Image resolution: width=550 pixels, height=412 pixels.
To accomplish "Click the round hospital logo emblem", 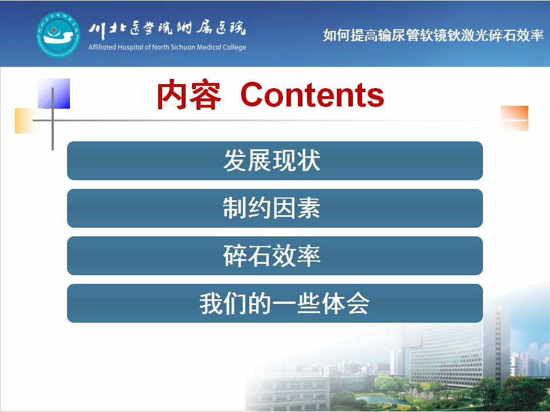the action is point(58,35).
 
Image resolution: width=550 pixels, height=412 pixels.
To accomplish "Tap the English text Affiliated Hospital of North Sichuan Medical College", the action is point(167,47).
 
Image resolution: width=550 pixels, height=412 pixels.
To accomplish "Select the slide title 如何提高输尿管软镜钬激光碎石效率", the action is point(433,35).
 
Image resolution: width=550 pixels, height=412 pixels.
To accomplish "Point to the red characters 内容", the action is point(188,94).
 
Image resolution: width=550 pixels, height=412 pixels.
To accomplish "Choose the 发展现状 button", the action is point(274,161).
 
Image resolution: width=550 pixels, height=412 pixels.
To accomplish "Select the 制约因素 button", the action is point(274,208).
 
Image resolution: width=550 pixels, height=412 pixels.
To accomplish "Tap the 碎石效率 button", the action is point(274,256).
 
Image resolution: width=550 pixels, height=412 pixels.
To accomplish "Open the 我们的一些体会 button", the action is point(274,303).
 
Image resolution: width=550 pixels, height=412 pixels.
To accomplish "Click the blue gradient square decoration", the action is point(54,93).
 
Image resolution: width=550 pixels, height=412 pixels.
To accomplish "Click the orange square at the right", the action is point(514,118).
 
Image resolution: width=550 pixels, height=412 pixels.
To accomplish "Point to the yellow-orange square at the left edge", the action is point(26,121).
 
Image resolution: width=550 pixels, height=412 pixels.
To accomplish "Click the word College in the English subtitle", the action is point(234,47).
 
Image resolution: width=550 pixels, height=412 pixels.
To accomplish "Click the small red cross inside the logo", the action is point(54,30).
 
